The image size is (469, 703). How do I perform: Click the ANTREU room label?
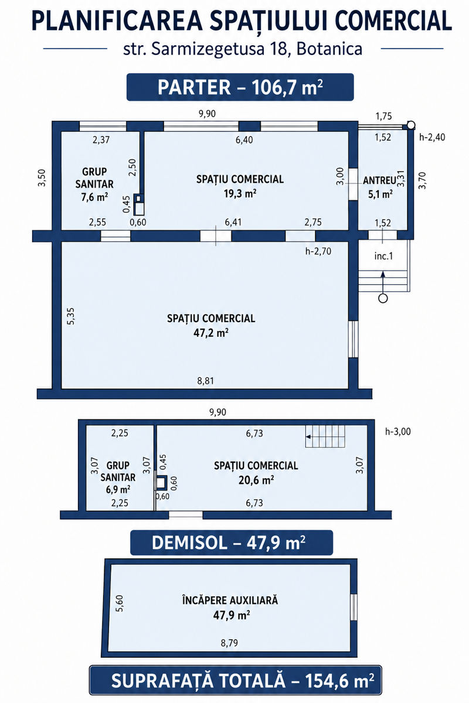pos(379,180)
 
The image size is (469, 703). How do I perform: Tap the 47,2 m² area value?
pos(211,333)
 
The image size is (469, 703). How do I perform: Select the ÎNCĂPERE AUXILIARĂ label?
pos(230,600)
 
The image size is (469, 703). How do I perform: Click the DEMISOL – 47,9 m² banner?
pos(231,542)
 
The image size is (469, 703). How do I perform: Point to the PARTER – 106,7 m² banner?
pos(240,87)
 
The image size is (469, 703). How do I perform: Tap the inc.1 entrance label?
pos(383,256)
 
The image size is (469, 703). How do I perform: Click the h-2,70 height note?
pos(318,251)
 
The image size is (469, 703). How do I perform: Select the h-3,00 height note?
pos(398,432)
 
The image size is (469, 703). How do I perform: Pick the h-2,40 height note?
pos(432,137)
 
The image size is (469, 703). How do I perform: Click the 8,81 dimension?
pos(205,381)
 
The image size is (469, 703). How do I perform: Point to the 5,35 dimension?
pos(71,316)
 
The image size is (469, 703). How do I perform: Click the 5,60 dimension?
pos(120,603)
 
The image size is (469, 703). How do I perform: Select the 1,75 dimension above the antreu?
pos(383,116)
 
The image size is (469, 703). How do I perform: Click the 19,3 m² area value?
pos(240,193)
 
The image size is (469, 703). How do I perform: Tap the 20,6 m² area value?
pos(256,480)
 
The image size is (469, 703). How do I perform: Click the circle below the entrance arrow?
pos(383,298)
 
